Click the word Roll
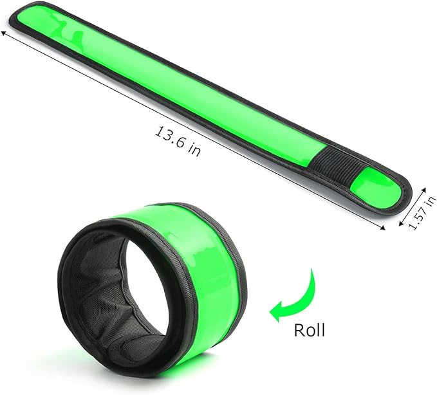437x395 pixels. pos(309,331)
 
